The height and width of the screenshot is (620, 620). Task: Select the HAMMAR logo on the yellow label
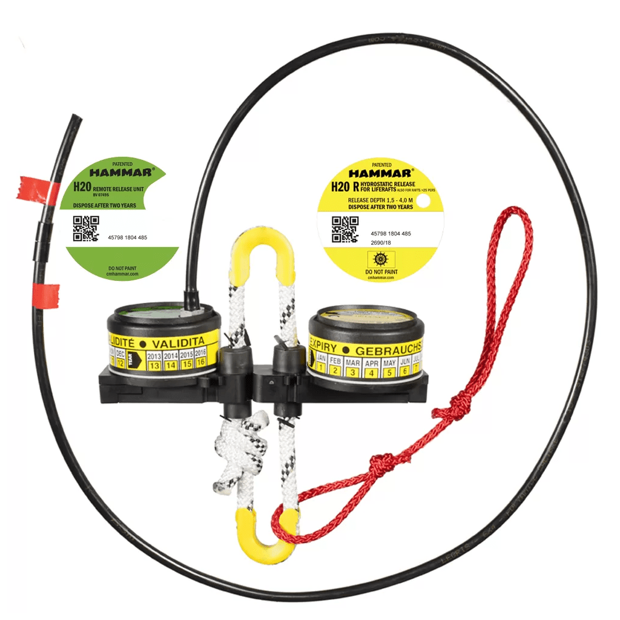pos(381,173)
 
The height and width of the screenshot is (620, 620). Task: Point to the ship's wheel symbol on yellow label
pos(381,259)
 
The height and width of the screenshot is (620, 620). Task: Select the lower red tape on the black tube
pos(45,295)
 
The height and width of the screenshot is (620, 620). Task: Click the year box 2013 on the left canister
pos(154,360)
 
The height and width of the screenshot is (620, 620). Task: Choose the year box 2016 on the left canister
pos(200,357)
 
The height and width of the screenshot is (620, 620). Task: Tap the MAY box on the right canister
pos(389,368)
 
